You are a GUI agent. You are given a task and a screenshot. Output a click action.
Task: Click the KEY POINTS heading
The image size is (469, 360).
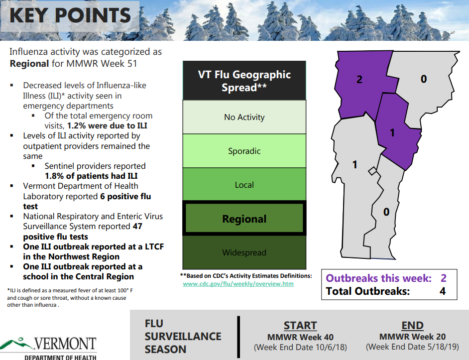[x=70, y=15]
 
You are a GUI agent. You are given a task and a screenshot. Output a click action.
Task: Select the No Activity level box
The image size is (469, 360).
[x=244, y=118]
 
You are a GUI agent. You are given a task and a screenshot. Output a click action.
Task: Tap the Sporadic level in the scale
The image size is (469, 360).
[x=244, y=151]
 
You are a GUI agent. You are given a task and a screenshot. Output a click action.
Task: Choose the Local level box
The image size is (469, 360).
[x=244, y=185]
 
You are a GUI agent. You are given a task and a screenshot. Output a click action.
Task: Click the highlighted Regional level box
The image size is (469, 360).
[x=244, y=219]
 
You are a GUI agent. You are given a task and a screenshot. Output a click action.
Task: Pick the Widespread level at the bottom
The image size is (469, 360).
[x=244, y=252]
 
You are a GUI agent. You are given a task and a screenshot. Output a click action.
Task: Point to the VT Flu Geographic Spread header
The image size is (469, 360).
[x=244, y=81]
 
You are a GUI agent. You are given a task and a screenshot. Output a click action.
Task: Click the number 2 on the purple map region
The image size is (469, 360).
[x=359, y=79]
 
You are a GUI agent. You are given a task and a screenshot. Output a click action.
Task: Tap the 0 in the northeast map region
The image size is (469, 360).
[x=424, y=79]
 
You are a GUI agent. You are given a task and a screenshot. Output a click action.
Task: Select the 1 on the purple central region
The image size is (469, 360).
[x=392, y=132]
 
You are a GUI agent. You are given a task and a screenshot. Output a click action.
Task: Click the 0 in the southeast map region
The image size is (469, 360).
[x=386, y=212]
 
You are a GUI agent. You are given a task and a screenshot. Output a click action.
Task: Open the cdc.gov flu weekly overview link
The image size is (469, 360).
[x=238, y=284]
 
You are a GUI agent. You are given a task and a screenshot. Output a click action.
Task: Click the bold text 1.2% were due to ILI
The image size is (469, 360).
[x=107, y=125]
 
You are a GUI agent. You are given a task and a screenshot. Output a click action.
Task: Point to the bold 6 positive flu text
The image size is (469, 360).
[x=124, y=197]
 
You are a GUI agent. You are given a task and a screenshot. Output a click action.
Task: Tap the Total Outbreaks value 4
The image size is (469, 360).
[x=443, y=291]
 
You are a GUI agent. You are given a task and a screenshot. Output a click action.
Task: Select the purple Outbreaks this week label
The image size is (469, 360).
[x=378, y=278]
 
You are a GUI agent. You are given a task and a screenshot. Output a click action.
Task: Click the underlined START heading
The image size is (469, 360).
[x=300, y=325]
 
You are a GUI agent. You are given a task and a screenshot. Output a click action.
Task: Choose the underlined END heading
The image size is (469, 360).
[x=412, y=325]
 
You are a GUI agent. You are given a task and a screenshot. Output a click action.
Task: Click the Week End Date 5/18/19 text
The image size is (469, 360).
[x=412, y=347]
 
